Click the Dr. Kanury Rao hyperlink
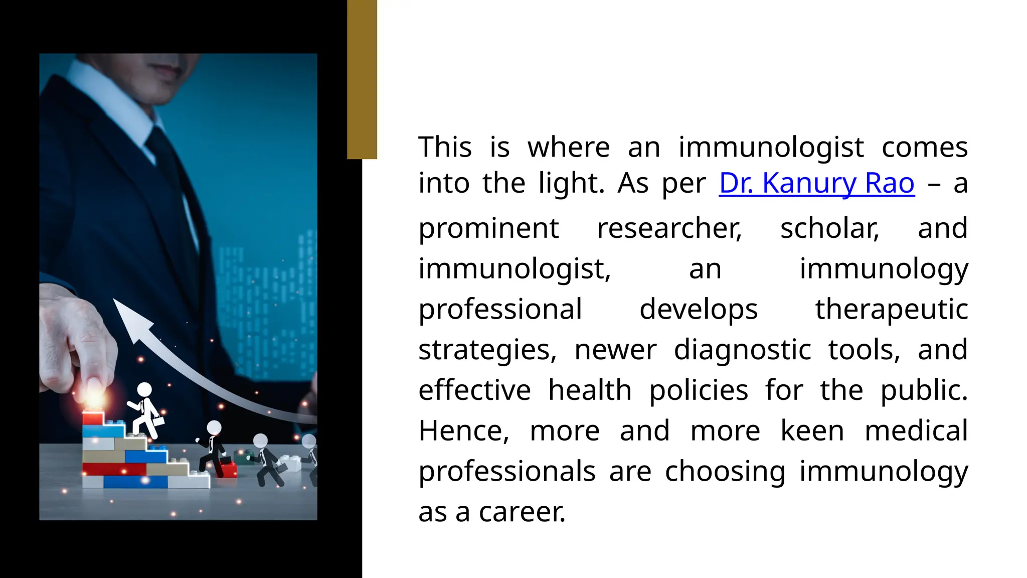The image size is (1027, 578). tap(816, 183)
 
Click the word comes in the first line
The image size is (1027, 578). tap(924, 148)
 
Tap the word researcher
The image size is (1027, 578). tap(669, 228)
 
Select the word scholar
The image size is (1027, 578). tap(829, 228)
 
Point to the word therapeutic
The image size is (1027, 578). tap(891, 309)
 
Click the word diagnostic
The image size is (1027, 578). tap(742, 350)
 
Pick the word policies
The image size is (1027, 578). tap(699, 390)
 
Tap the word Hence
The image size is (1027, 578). tap(464, 431)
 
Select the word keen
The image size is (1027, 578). tap(812, 431)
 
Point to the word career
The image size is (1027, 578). tap(522, 512)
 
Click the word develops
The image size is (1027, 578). tap(698, 309)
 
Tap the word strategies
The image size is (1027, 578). tap(487, 350)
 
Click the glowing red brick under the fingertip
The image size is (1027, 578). tap(93, 418)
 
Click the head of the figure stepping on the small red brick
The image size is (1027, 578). tap(214, 427)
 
